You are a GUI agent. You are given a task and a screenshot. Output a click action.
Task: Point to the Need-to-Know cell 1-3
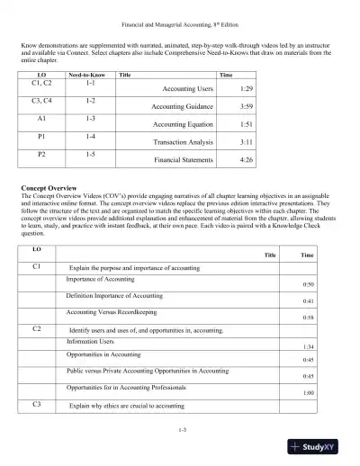point(90,118)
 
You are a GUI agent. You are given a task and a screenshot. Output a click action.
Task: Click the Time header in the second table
point(307,255)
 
